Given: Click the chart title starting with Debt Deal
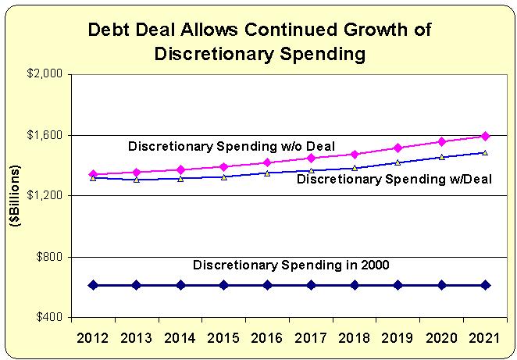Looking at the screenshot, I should click(260, 41).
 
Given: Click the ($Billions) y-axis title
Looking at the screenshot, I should click(15, 196).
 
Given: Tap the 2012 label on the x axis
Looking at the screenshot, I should click(93, 340).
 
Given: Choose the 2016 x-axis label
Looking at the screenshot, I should click(267, 340).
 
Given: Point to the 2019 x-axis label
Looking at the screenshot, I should click(398, 340).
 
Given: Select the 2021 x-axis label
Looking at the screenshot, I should click(485, 340).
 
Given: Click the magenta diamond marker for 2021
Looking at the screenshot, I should click(485, 136).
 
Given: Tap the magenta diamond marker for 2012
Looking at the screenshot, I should click(93, 174).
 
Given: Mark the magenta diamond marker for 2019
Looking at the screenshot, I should click(398, 148).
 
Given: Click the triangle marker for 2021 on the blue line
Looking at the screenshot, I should click(485, 152).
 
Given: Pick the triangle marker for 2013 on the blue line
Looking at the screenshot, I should click(137, 179).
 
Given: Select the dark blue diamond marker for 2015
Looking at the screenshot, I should click(223, 285).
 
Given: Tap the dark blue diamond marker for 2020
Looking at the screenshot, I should click(441, 285).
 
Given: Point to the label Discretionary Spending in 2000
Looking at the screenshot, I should click(291, 266).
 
